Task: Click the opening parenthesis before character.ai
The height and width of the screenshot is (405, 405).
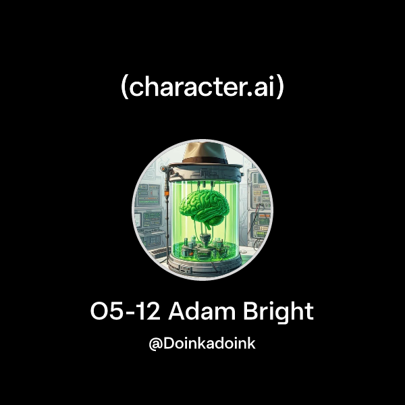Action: pyautogui.click(x=125, y=88)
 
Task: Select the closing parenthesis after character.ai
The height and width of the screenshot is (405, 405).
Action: pyautogui.click(x=280, y=88)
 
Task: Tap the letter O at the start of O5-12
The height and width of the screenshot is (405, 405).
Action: pyautogui.click(x=100, y=313)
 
